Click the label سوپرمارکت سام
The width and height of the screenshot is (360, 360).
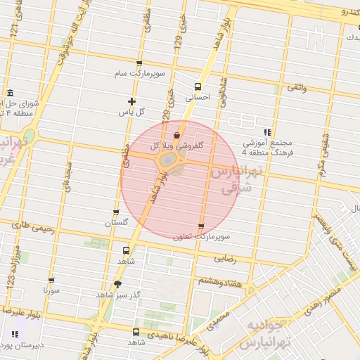pos(141,74)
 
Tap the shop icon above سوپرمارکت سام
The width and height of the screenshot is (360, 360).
pos(139,63)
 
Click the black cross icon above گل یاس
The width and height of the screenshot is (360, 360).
pos(131,101)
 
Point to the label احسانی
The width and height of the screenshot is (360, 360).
pos(198,98)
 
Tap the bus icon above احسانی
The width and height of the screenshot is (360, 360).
pos(198,87)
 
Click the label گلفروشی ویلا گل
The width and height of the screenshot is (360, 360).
pos(179,145)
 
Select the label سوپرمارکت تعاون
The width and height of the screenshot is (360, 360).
pos(201,237)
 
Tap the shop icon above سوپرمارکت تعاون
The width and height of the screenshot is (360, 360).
pos(201,226)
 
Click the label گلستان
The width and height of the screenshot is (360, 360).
pos(117,222)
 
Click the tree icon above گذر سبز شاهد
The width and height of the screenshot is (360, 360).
pos(117,284)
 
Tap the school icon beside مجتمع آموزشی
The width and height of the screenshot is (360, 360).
pos(267,131)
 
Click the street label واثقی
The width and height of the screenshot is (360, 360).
pos(295,89)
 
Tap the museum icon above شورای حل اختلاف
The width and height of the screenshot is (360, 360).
pos(10,94)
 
